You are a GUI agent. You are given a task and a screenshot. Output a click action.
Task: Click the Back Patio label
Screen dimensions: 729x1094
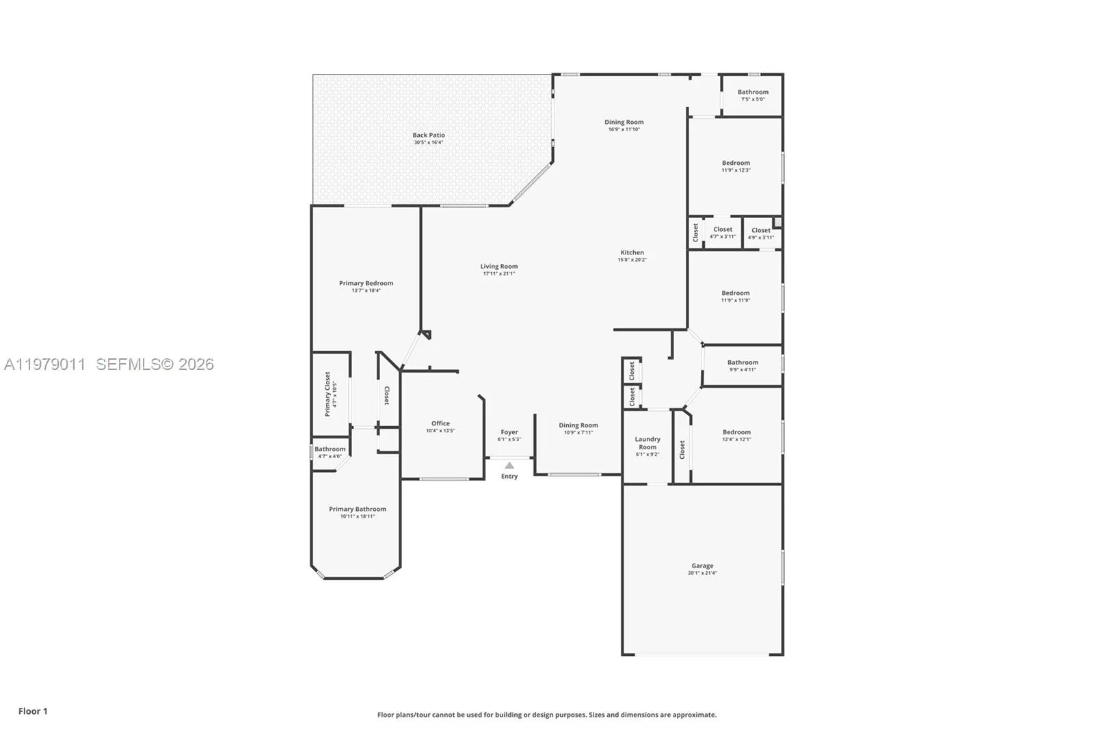tap(429, 135)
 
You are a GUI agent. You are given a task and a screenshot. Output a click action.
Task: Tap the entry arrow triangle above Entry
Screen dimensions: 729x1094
tap(509, 466)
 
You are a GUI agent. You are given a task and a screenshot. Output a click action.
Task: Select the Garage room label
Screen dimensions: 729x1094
tap(702, 566)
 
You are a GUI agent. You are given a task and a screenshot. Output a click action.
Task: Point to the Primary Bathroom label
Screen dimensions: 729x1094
tap(357, 509)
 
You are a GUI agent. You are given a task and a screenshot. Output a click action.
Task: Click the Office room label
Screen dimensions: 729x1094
tap(440, 423)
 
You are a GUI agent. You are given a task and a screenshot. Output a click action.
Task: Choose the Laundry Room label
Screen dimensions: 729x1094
tap(648, 443)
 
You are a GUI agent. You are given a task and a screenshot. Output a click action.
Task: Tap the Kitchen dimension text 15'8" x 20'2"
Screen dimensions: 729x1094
tap(632, 260)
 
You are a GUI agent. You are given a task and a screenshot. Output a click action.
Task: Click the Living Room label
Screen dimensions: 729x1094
tap(498, 267)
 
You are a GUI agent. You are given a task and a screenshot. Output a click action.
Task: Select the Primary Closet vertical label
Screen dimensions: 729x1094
tap(328, 394)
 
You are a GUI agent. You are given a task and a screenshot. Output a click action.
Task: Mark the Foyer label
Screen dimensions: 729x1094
tap(509, 432)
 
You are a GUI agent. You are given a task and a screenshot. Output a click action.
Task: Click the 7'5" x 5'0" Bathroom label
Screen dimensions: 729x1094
tap(753, 92)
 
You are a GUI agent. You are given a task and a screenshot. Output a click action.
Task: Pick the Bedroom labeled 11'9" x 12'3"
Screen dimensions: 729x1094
tap(736, 163)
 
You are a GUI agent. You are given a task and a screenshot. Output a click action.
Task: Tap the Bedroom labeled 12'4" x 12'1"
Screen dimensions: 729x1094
tap(736, 432)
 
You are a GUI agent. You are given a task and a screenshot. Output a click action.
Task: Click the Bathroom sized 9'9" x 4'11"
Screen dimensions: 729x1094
tap(743, 362)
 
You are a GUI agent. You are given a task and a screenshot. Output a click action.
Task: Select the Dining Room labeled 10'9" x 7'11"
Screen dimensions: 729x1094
tap(578, 425)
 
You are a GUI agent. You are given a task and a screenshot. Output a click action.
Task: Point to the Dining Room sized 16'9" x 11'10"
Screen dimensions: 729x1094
tap(624, 122)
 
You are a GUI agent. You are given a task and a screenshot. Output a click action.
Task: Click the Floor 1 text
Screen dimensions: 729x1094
tap(33, 711)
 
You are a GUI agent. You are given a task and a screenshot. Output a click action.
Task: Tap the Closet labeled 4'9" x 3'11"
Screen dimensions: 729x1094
tap(761, 230)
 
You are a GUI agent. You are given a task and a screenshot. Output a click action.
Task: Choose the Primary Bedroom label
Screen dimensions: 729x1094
tap(366, 283)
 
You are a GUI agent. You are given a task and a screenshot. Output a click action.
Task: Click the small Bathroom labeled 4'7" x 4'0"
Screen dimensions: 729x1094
tap(330, 449)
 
